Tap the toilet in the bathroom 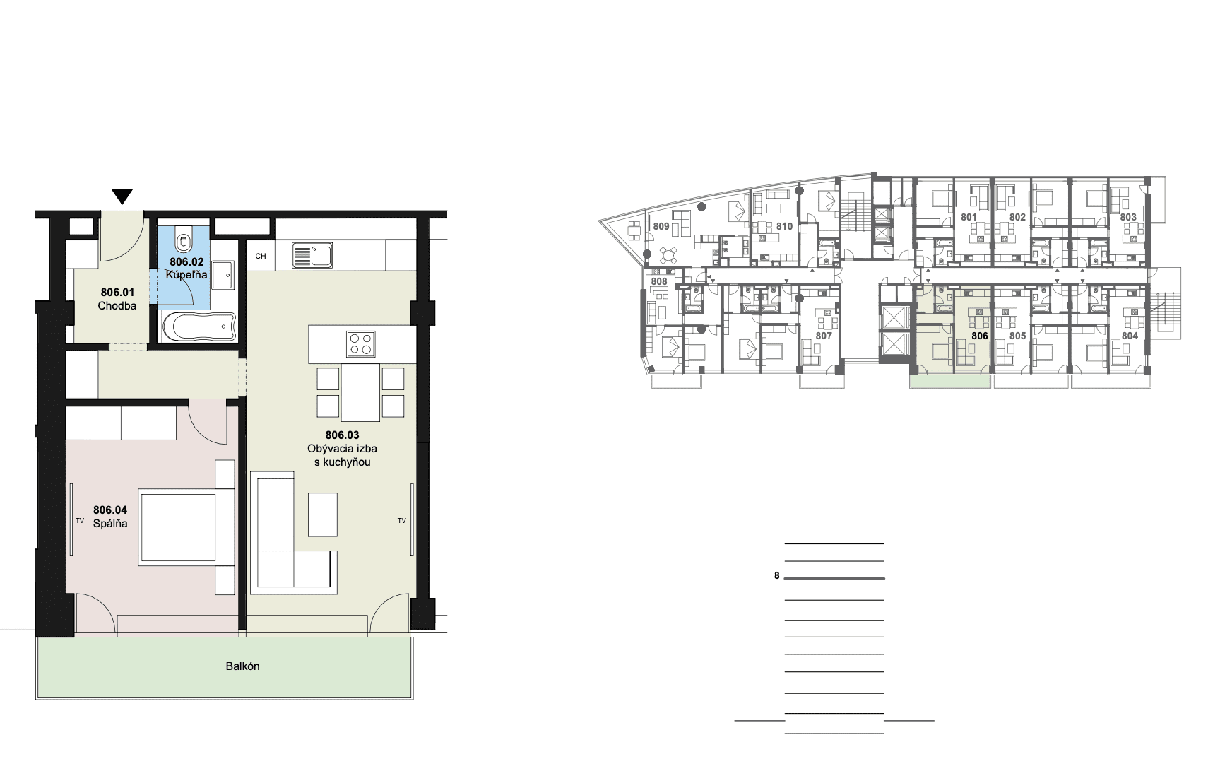tap(184, 240)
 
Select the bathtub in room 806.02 tap(199, 326)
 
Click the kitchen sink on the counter tap(312, 255)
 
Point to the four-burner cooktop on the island tap(361, 343)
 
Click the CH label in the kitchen tap(261, 256)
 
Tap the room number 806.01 tap(117, 293)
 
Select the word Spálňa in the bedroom tap(110, 524)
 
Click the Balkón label tap(243, 666)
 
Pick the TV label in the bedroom tap(80, 521)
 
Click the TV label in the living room tap(402, 521)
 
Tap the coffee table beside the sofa tap(323, 515)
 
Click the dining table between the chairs tap(360, 392)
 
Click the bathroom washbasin tap(223, 275)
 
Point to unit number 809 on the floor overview tap(661, 227)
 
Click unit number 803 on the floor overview tap(1128, 217)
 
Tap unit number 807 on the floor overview tap(824, 336)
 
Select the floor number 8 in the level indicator tap(776, 576)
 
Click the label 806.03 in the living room tap(342, 435)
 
